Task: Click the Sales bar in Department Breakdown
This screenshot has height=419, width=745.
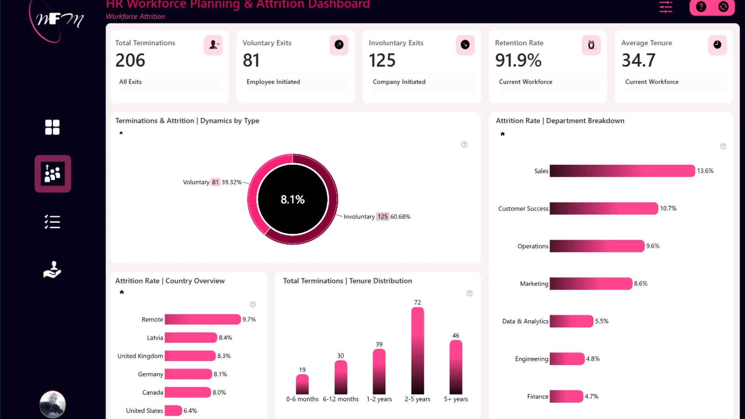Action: [622, 171]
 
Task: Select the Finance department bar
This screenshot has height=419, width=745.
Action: [566, 396]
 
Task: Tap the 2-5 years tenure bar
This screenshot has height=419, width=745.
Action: [418, 351]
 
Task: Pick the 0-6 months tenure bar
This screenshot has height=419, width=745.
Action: [302, 384]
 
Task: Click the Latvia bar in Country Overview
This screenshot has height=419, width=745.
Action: [191, 338]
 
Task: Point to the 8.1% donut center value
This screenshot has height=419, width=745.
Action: [293, 199]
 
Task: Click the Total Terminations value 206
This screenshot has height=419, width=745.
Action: [130, 60]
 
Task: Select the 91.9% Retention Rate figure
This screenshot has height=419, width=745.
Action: [518, 60]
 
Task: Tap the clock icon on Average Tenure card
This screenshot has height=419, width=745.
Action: [717, 45]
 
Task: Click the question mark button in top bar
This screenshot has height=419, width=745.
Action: [701, 7]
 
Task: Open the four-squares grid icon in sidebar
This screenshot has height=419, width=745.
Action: [52, 127]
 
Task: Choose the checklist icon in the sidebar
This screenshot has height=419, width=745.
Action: [52, 222]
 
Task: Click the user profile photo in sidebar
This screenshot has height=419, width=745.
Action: [52, 404]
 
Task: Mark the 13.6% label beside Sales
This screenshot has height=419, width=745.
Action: [705, 171]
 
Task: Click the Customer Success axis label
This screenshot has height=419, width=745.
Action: [523, 209]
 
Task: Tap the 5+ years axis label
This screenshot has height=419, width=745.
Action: [456, 399]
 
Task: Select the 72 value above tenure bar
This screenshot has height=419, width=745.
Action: [418, 302]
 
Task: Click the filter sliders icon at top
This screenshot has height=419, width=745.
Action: [665, 7]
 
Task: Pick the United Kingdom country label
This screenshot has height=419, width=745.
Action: [140, 356]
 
